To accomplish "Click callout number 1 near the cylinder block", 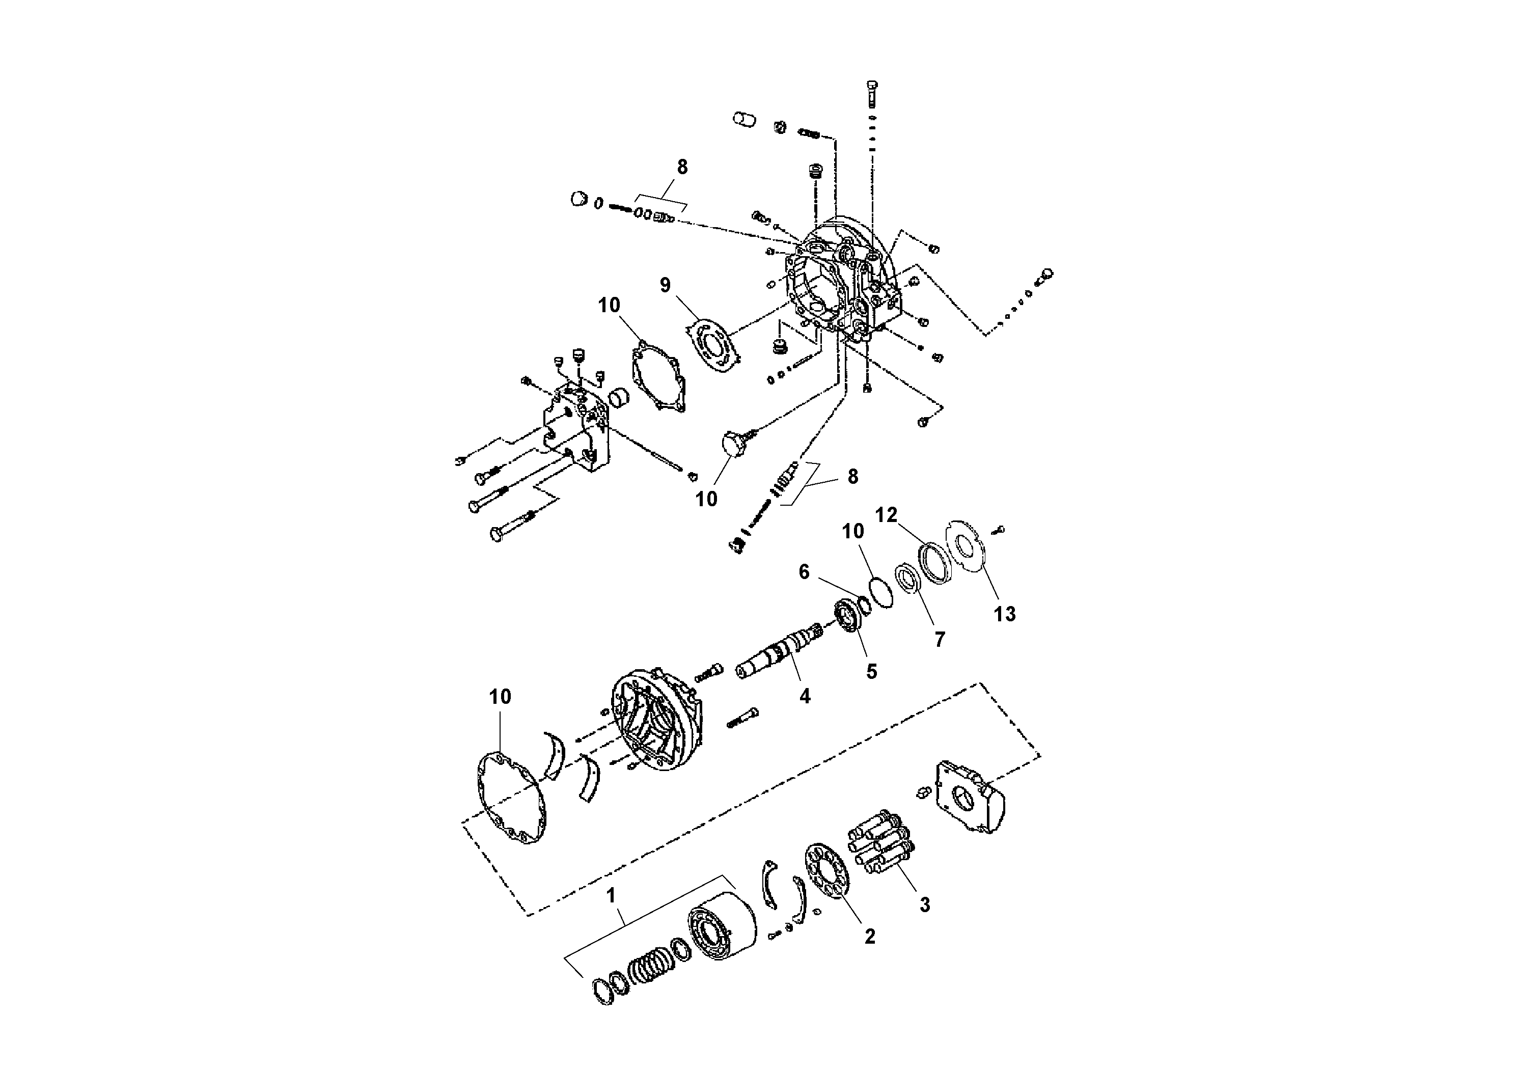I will point(611,896).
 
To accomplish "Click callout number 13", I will point(1004,614).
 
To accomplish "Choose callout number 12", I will point(886,515).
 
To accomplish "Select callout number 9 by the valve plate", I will point(665,285).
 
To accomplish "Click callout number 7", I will point(939,639).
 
